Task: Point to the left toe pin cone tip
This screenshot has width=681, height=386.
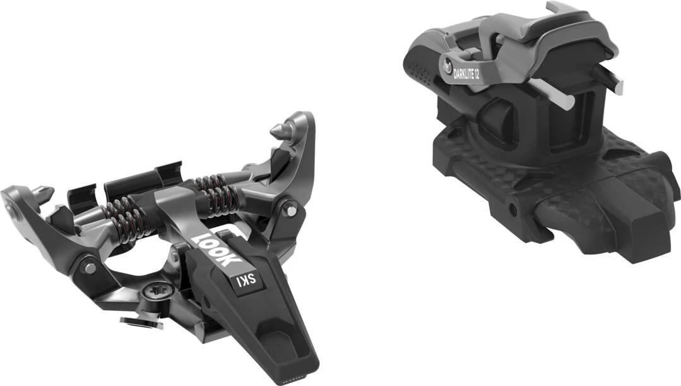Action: point(44,190)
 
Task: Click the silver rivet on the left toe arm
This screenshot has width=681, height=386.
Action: point(90,268)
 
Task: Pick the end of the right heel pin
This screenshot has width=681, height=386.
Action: point(619,88)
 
